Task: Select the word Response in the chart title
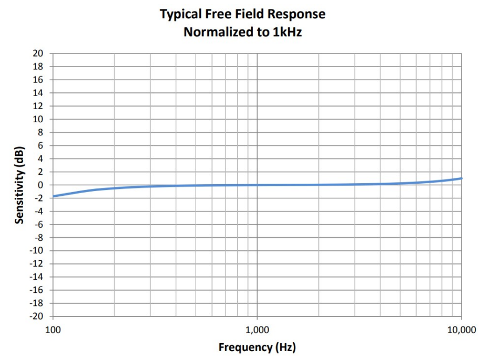click(299, 14)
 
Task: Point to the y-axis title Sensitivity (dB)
click(19, 185)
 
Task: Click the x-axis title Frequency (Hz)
click(257, 347)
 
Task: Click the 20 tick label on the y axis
click(38, 54)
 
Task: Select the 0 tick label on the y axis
click(40, 185)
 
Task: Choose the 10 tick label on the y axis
click(38, 119)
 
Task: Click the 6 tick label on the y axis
click(40, 145)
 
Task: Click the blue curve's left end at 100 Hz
click(54, 196)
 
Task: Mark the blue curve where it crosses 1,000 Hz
click(257, 185)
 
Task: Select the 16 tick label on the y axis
click(38, 80)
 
